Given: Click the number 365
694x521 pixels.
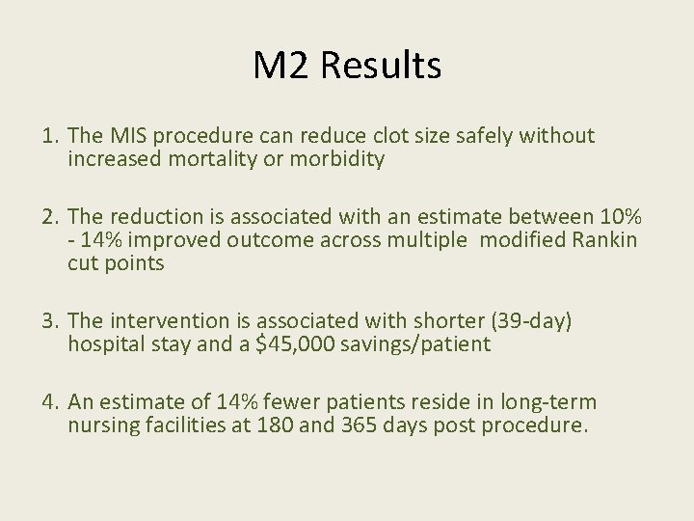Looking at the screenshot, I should pos(361,425).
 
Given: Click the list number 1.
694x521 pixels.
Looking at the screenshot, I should pos(48,136).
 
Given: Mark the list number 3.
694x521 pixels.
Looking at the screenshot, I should pos(48,320).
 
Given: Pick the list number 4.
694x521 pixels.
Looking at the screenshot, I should pos(48,401).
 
